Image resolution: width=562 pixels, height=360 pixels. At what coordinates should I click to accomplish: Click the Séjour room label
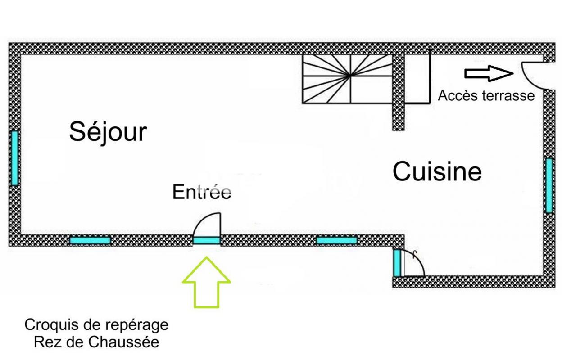[108, 132]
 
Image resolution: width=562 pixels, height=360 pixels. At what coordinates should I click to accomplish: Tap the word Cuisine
[437, 172]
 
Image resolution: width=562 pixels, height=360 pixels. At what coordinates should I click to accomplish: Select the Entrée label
[202, 192]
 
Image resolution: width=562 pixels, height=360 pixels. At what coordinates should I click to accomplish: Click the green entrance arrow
[207, 282]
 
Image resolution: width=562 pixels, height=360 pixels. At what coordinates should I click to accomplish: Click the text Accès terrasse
[486, 95]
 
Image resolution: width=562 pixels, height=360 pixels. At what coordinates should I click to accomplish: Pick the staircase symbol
[347, 78]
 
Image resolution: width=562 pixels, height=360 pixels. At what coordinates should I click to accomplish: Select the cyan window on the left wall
[14, 157]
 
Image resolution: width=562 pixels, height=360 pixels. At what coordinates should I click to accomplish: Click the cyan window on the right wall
[549, 185]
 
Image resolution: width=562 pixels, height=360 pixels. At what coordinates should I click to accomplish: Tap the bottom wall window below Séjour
[90, 241]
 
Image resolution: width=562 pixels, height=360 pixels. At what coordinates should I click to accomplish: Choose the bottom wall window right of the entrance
[337, 241]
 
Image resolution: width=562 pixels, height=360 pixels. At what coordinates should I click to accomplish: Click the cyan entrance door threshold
[207, 241]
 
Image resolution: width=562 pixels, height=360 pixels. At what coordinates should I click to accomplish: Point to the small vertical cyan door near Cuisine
[397, 262]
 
